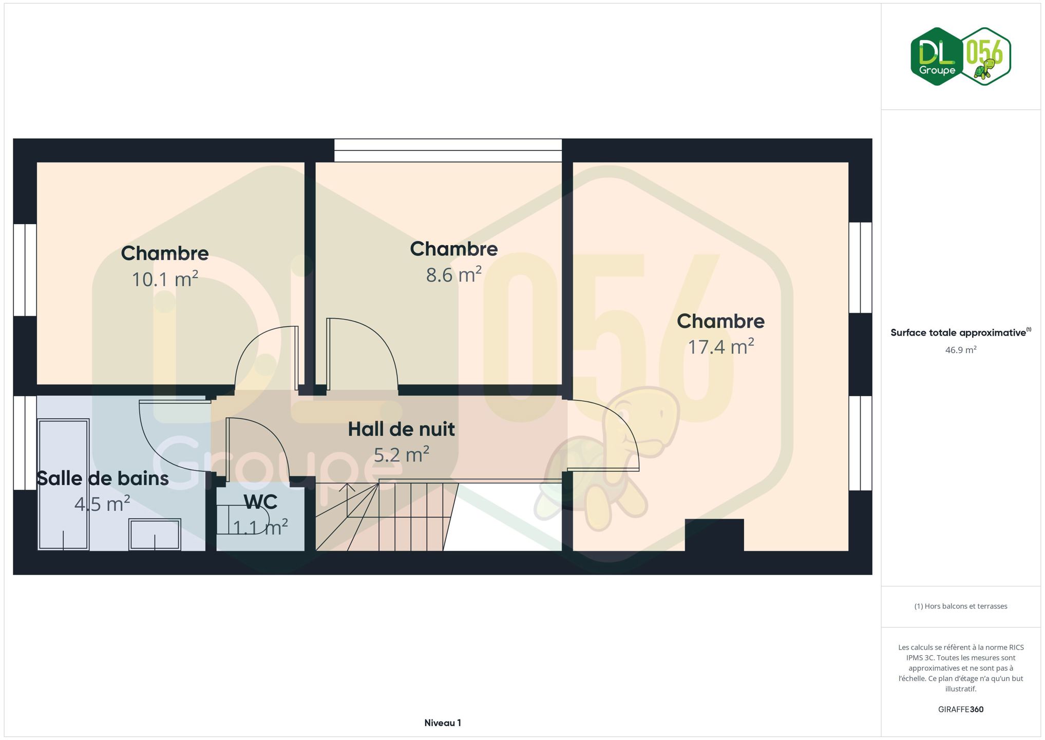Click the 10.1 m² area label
[165, 279]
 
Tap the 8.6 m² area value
[454, 274]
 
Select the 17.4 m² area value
[721, 346]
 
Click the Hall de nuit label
[402, 429]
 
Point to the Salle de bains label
[103, 478]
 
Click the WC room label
[260, 502]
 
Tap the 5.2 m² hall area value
[402, 455]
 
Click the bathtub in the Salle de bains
[64, 485]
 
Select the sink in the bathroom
[155, 535]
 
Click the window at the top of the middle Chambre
[448, 150]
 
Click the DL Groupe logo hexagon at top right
[937, 57]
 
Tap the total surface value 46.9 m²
[961, 350]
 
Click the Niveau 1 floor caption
[443, 723]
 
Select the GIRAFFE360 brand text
[961, 709]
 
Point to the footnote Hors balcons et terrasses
[961, 606]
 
